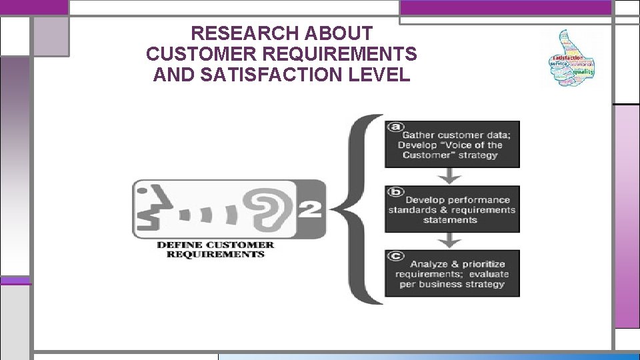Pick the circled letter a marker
[x=397, y=125]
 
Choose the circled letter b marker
[x=397, y=191]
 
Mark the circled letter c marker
[x=397, y=255]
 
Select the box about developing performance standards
[x=451, y=209]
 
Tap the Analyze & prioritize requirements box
[x=451, y=273]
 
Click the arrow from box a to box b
[x=451, y=175]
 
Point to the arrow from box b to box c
[x=451, y=240]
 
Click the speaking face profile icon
[x=148, y=208]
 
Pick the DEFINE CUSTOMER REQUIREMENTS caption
[x=215, y=249]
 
